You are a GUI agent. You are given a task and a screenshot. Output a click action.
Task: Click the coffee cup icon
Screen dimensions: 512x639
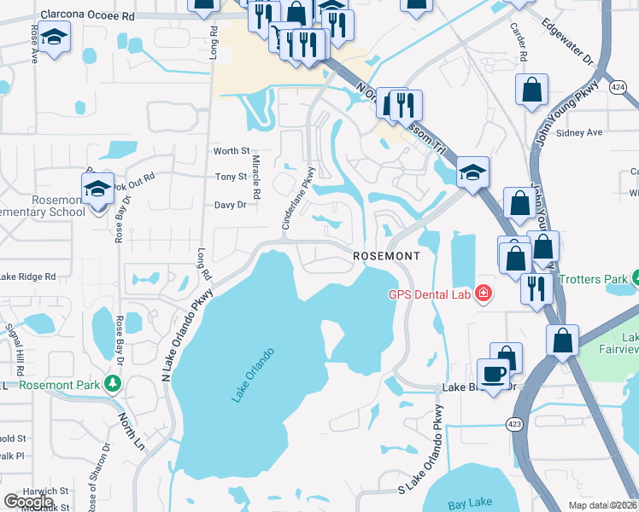[493, 373]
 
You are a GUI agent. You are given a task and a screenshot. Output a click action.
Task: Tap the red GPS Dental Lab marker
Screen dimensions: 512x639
[484, 294]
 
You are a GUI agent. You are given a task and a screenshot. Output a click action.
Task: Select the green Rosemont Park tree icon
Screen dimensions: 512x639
[111, 383]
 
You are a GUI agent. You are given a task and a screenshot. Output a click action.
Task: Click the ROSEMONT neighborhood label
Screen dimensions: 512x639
[387, 256]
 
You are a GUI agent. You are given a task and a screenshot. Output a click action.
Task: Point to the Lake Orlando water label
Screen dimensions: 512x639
[253, 375]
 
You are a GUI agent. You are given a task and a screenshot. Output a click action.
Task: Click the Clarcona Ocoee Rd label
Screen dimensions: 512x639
[87, 15]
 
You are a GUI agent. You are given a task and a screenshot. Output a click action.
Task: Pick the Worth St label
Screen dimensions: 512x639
[230, 151]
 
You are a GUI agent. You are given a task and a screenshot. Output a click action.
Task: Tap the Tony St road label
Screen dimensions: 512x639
[230, 177]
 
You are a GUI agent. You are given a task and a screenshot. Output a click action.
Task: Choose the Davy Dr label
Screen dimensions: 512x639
[230, 205]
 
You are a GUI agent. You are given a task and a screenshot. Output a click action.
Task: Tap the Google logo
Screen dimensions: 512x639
[28, 502]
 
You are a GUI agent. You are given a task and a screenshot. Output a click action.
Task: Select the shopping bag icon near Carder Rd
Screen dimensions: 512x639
[531, 89]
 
